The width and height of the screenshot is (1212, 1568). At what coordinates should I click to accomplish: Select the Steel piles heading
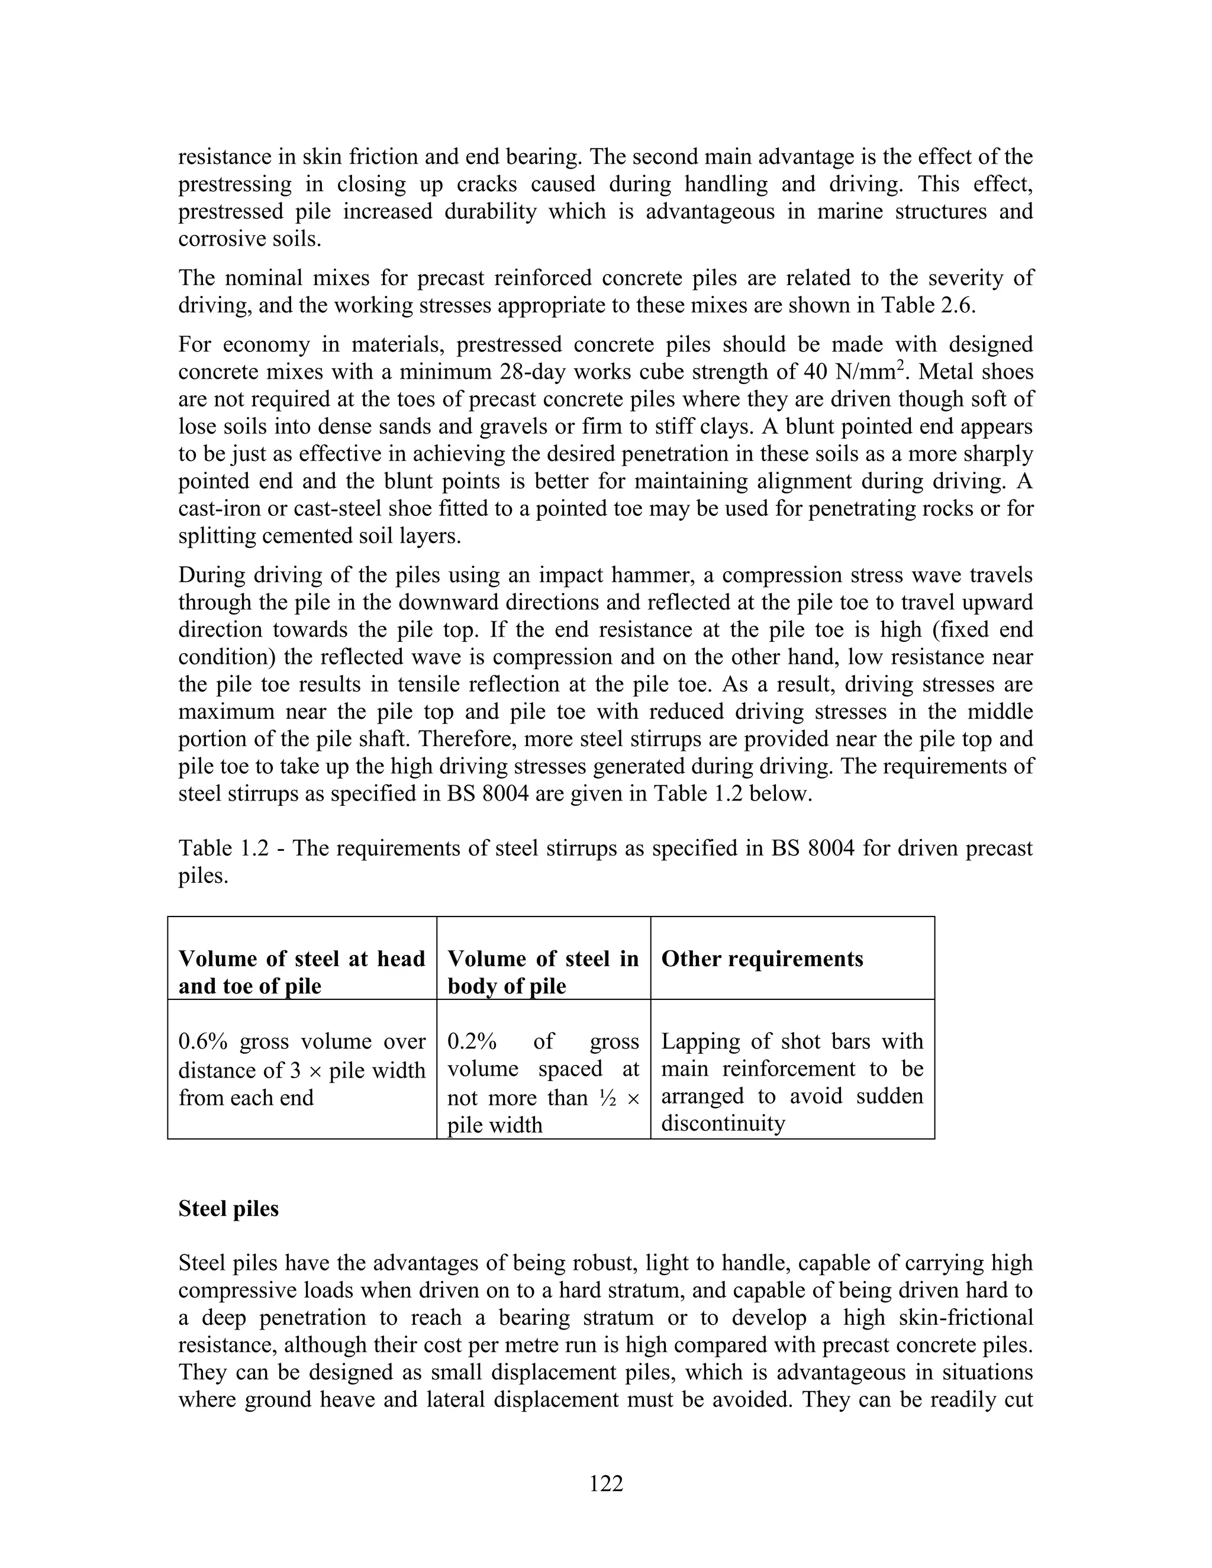point(228,1208)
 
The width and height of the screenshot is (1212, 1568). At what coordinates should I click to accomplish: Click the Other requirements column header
point(762,959)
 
